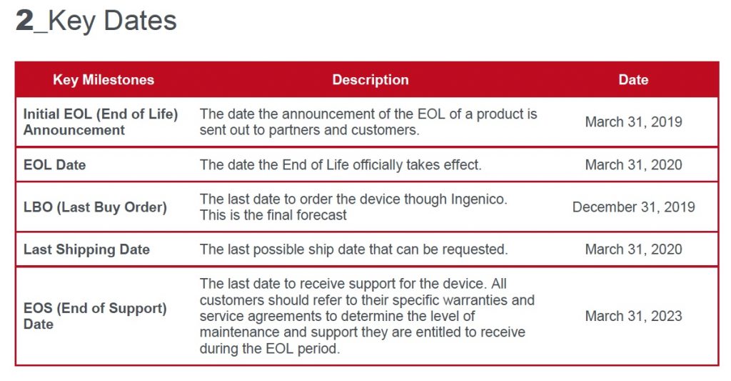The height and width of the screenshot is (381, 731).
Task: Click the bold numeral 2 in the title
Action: coord(24,21)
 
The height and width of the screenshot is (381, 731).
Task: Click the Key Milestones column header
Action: coord(104,80)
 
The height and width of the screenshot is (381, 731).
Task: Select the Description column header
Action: coord(370,80)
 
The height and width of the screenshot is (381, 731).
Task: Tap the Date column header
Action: coord(633,80)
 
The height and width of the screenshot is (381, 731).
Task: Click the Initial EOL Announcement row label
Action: coord(101,122)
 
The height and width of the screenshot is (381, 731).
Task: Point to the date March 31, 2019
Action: coord(633,122)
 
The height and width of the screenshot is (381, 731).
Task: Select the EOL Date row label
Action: coord(54,165)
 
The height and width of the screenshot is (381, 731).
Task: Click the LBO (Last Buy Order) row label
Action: coord(95,207)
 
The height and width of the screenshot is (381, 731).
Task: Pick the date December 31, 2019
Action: coord(633,207)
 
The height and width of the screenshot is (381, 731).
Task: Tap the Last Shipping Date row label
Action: coord(86,249)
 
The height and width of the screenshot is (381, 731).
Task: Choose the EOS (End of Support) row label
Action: coord(95,316)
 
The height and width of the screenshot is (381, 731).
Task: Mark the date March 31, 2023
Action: coord(633,316)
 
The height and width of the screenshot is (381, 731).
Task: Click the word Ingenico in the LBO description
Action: coord(479,199)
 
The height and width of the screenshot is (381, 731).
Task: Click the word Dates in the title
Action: coord(140,21)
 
